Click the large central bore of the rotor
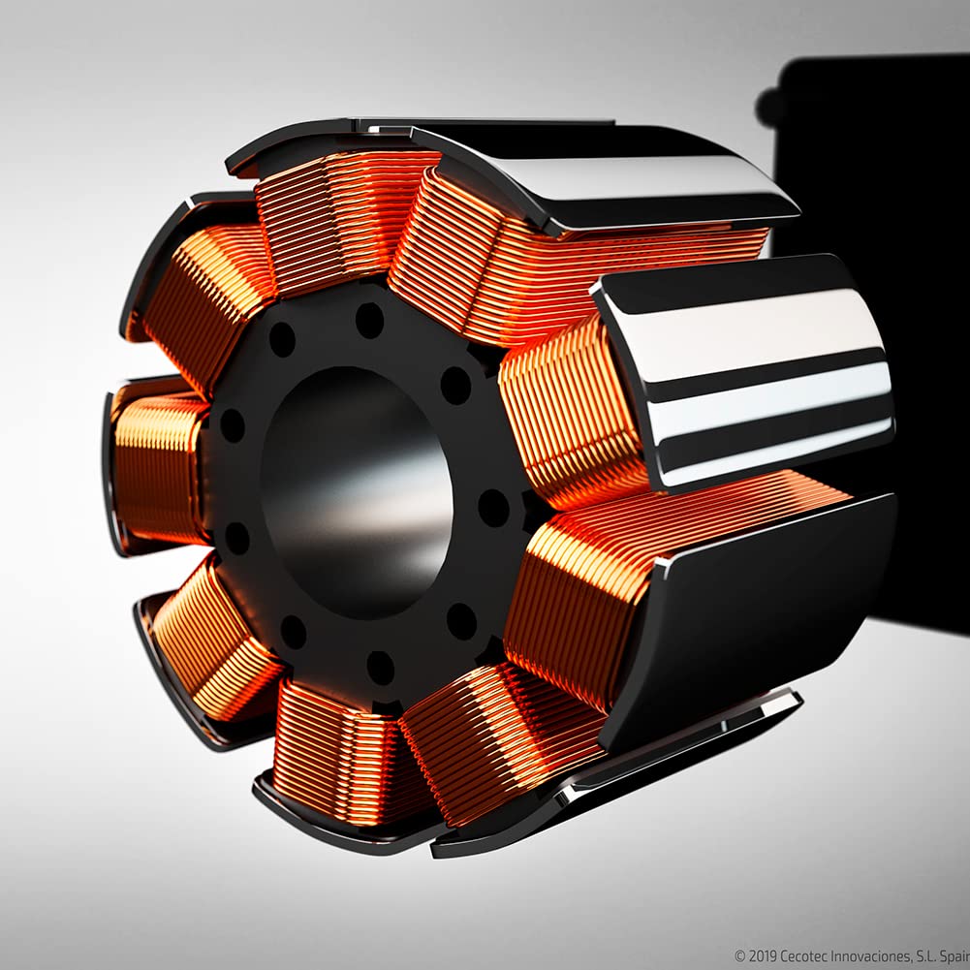pyautogui.click(x=357, y=492)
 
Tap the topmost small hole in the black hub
pyautogui.click(x=369, y=321)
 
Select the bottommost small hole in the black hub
pyautogui.click(x=380, y=668)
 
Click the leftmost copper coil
pyautogui.click(x=158, y=467)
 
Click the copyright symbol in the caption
pyautogui.click(x=740, y=955)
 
